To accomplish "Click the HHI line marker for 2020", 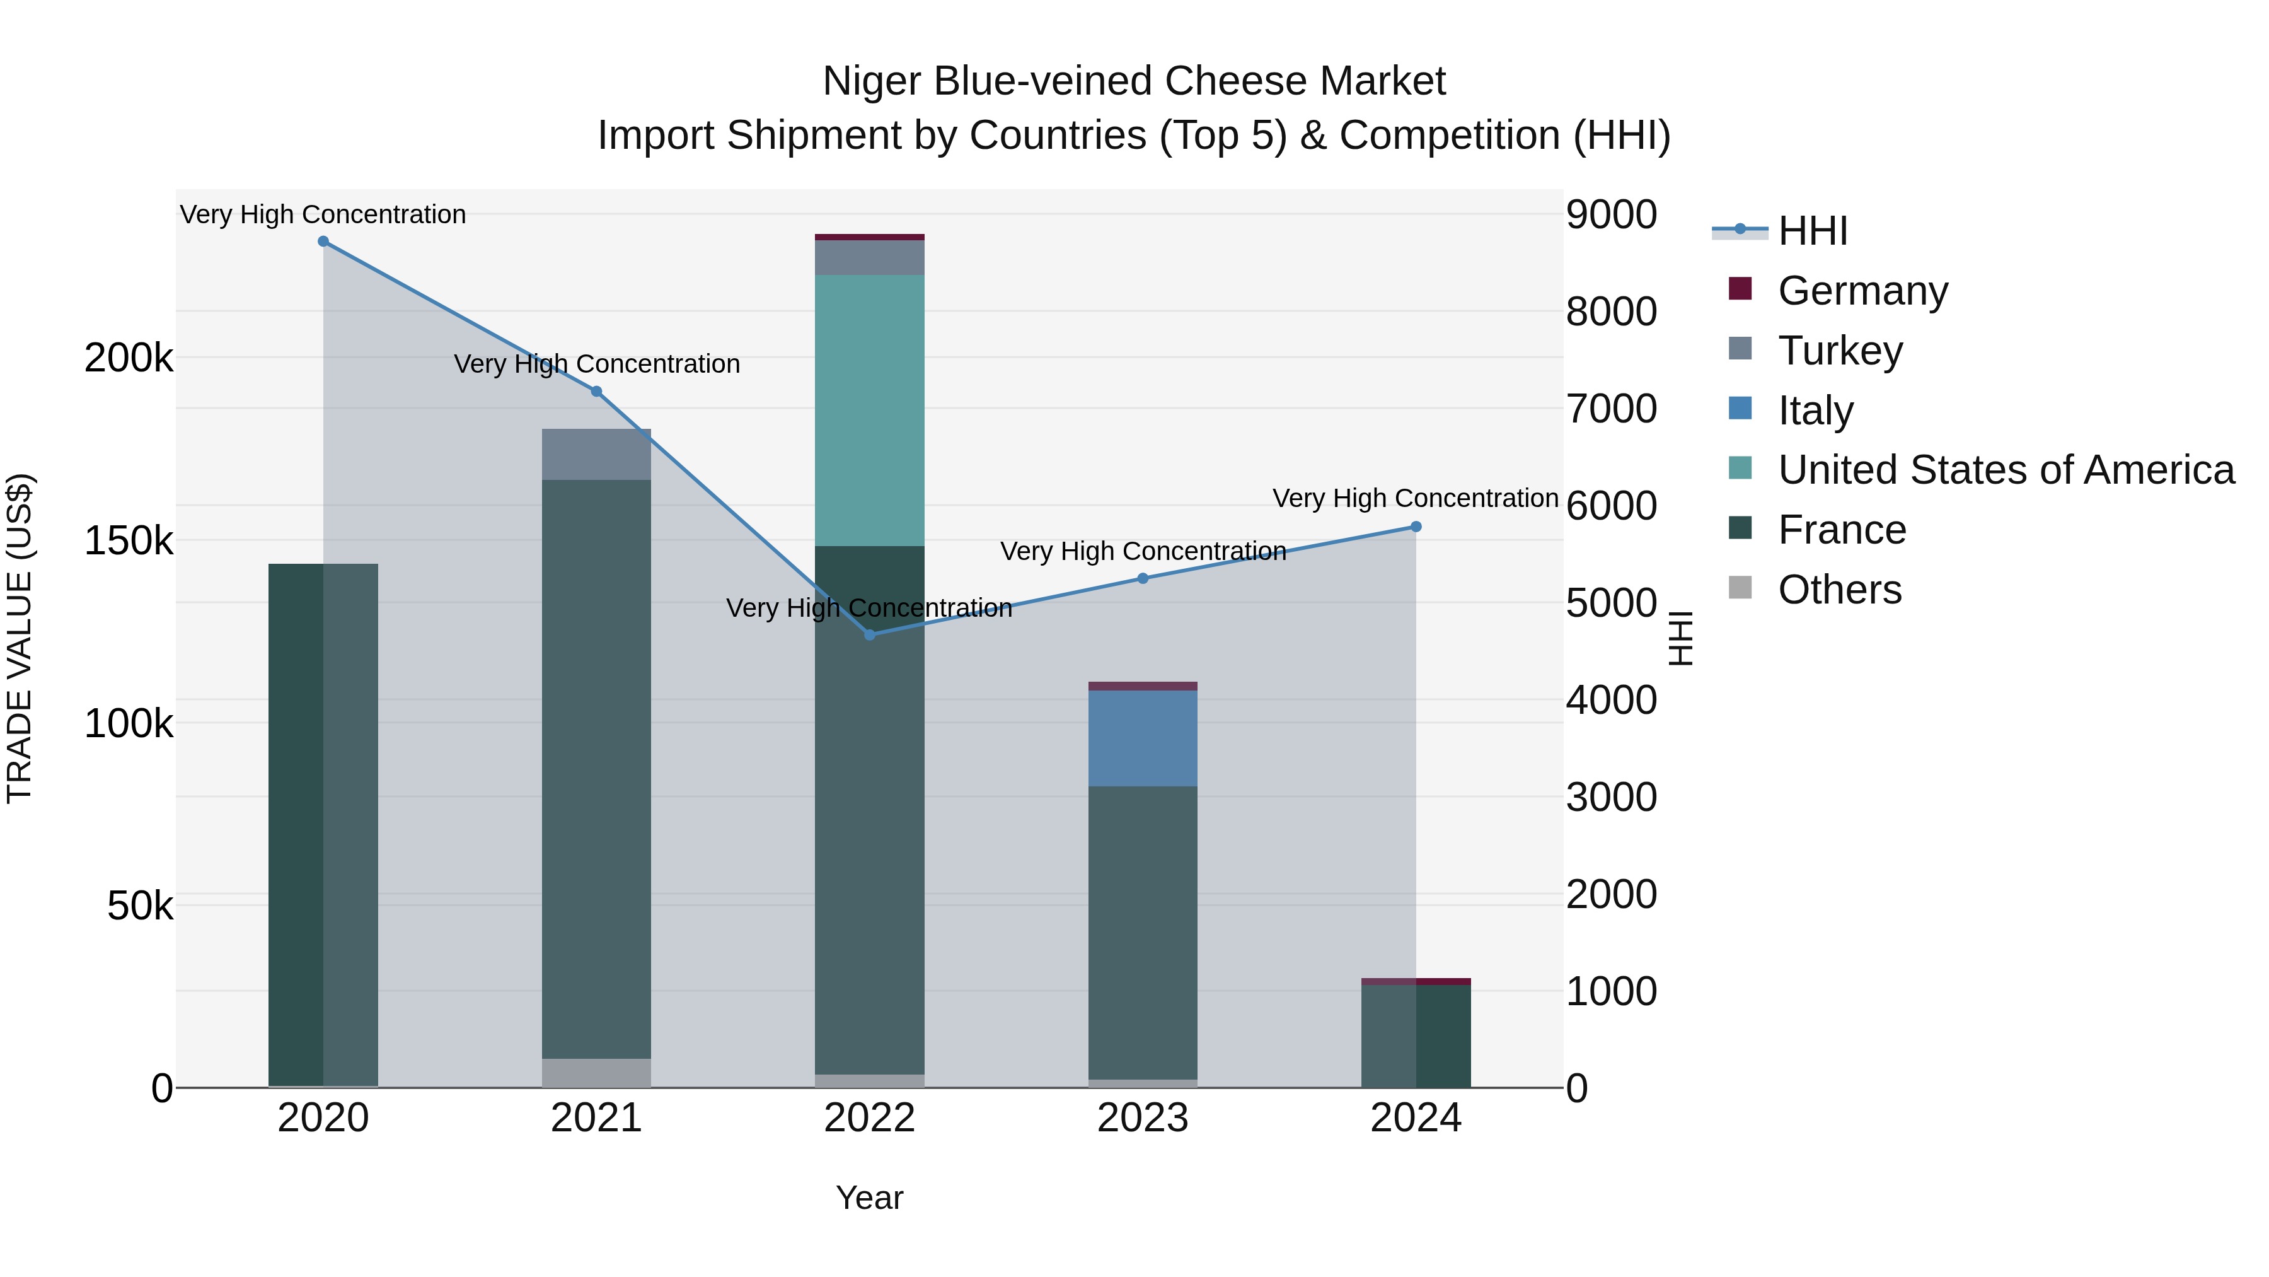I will tap(323, 242).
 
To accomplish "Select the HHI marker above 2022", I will tap(869, 634).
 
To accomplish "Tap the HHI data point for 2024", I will tap(1416, 527).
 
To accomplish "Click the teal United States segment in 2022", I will tap(869, 410).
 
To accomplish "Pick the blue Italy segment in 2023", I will tap(1143, 738).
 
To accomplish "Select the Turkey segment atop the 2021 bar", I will tap(596, 455).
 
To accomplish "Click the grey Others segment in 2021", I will tap(596, 1073).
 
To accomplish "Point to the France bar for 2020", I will tap(323, 825).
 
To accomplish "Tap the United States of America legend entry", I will tap(2006, 470).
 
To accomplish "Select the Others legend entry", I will tap(1839, 590).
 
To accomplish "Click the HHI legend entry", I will tap(1812, 231).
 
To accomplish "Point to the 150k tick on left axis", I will tap(129, 541).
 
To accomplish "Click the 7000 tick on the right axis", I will tap(1611, 409).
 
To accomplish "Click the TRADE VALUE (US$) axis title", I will tap(20, 638).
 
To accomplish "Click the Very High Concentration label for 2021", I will tap(596, 364).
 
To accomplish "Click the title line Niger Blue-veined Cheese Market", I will tap(1134, 81).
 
